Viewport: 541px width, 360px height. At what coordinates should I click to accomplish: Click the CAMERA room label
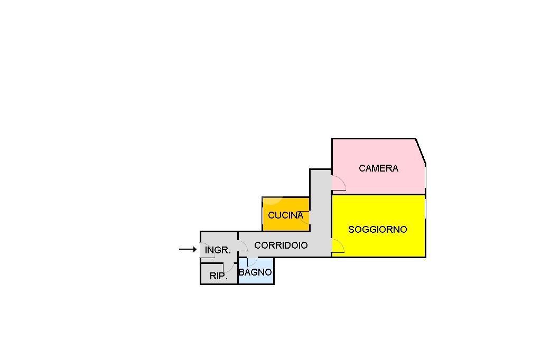[x=378, y=168]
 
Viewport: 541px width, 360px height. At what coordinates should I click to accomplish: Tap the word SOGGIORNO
[x=377, y=229]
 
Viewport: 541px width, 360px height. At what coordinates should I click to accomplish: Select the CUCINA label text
[x=285, y=215]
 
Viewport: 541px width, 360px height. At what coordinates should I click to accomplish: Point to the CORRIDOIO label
[x=281, y=245]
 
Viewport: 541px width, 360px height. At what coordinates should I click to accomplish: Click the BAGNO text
[x=255, y=272]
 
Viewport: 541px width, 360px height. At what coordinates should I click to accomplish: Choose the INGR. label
[x=218, y=250]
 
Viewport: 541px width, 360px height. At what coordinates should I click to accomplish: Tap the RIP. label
[x=218, y=276]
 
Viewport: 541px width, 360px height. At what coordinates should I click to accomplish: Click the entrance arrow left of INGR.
[x=188, y=249]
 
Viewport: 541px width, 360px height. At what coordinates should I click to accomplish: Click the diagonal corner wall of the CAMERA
[x=421, y=150]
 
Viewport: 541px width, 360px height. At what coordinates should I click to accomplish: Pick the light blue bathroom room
[x=256, y=271]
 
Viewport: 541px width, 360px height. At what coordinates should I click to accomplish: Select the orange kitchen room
[x=286, y=214]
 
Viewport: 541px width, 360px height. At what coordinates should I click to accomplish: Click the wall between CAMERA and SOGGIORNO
[x=378, y=194]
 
